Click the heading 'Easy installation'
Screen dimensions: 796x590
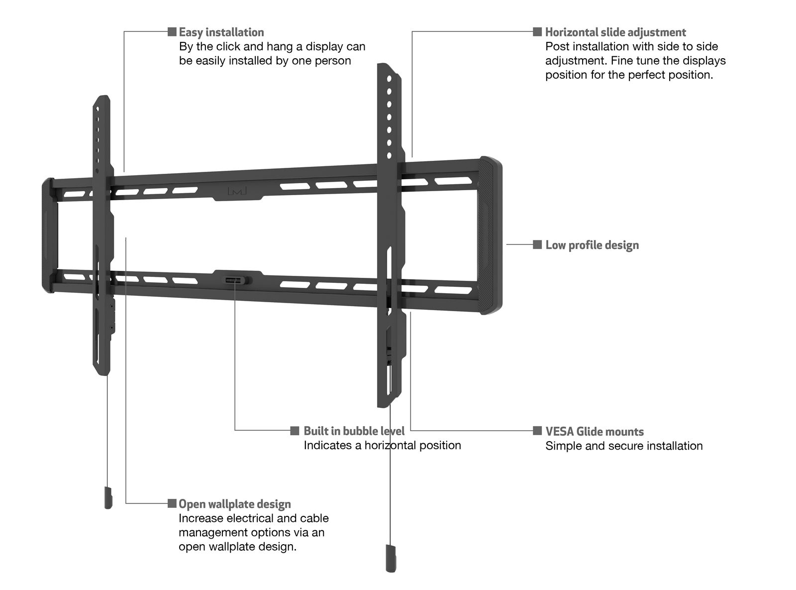221,32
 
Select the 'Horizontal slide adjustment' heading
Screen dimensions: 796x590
615,32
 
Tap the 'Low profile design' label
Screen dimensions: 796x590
592,245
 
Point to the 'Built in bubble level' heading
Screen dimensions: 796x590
354,431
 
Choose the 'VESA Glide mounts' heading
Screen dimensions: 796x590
595,431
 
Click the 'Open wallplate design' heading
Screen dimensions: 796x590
235,504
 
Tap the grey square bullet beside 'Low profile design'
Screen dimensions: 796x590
537,244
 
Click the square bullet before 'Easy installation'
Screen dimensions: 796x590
172,32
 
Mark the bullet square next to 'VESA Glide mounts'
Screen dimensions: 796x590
537,431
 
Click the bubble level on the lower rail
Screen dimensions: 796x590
235,280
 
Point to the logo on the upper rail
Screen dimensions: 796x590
237,191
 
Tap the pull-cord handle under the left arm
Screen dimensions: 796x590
108,498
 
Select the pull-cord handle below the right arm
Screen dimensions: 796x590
391,559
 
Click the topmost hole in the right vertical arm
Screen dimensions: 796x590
389,79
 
